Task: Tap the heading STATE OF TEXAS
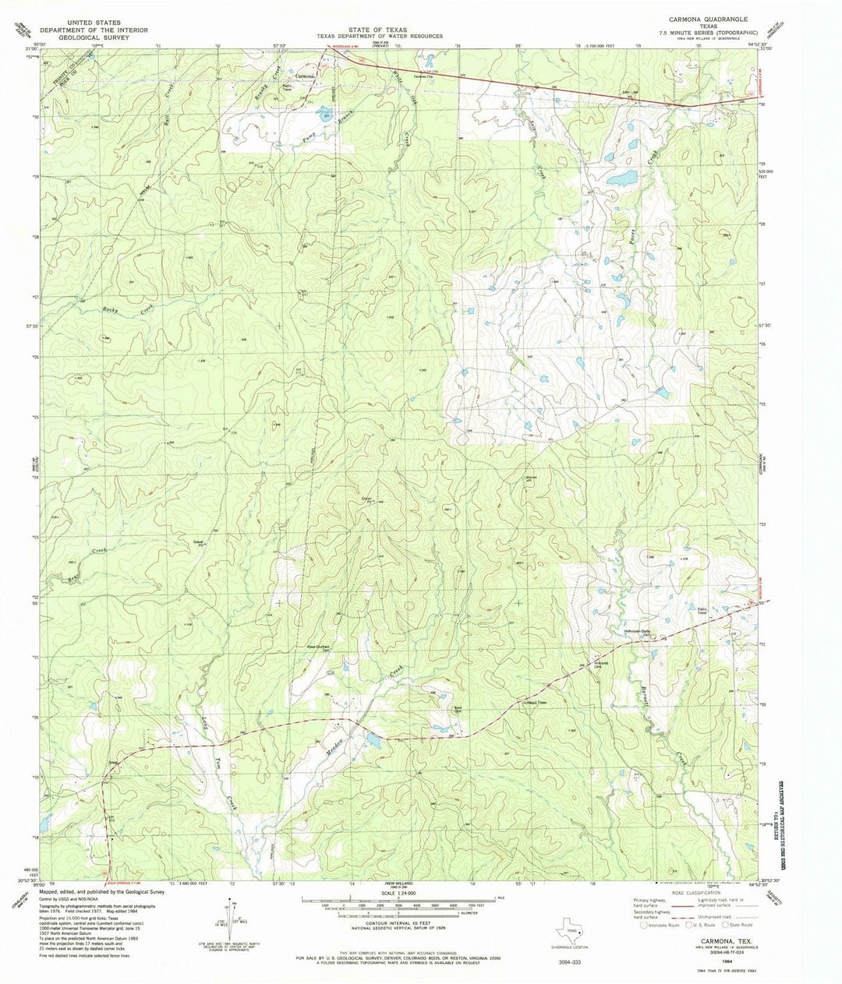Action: click(379, 29)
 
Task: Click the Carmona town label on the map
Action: click(305, 76)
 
